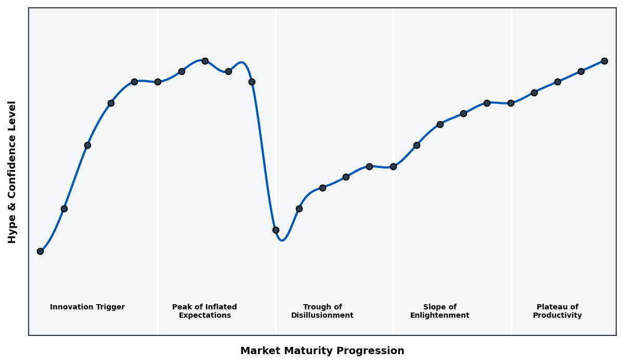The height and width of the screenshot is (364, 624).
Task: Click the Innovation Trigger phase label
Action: click(x=87, y=307)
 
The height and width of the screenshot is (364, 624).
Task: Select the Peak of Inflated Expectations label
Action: click(x=204, y=311)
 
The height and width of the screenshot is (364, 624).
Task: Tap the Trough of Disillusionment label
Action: click(x=322, y=311)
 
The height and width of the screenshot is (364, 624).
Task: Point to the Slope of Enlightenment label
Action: click(x=439, y=311)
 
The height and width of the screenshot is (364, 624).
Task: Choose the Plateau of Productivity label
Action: click(x=557, y=311)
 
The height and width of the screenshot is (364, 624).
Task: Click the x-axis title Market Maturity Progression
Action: click(x=322, y=351)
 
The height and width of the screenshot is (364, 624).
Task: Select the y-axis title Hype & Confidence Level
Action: click(x=12, y=172)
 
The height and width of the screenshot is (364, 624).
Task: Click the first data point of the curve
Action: click(x=40, y=251)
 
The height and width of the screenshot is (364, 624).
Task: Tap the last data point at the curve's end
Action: click(x=604, y=61)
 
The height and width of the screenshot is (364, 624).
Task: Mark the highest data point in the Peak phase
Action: click(x=205, y=61)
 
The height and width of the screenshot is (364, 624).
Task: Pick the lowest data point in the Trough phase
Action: click(x=276, y=230)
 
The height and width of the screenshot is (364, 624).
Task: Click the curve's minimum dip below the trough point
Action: click(x=282, y=240)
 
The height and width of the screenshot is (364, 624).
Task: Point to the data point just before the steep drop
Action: click(x=252, y=82)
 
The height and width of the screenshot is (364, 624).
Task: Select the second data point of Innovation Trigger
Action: click(x=64, y=209)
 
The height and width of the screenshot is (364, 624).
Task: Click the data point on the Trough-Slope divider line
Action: click(x=393, y=166)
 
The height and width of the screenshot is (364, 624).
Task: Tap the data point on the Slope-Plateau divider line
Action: click(x=511, y=103)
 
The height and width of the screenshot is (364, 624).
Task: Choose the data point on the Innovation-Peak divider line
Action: click(x=158, y=82)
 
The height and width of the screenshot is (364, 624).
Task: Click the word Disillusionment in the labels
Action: click(x=322, y=316)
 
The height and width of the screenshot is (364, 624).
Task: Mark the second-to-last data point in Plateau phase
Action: click(x=581, y=71)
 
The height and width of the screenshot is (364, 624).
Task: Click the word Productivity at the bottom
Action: click(x=557, y=316)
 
